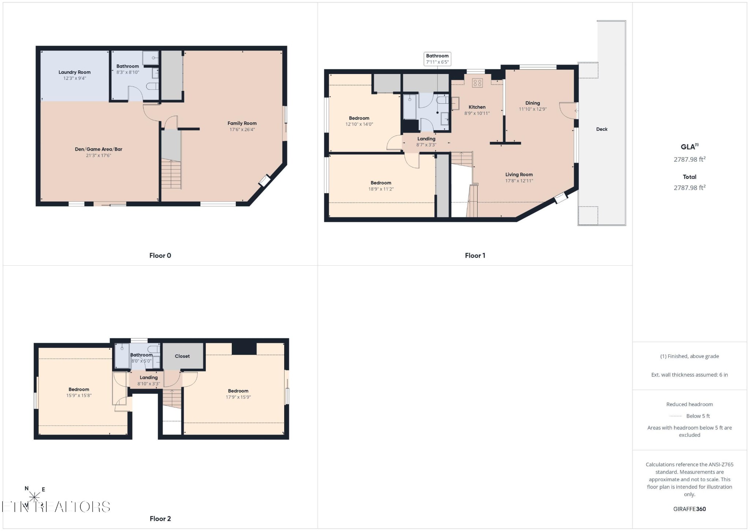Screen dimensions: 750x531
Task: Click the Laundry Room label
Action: [74, 72]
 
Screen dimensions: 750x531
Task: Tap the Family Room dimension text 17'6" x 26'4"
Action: [242, 129]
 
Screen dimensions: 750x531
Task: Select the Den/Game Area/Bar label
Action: [99, 149]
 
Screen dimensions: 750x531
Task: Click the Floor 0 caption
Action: [160, 255]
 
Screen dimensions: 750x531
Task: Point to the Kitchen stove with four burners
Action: [477, 83]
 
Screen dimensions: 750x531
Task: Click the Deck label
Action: [602, 129]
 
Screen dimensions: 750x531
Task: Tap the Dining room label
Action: [532, 103]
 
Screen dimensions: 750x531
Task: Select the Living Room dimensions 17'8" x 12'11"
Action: [519, 181]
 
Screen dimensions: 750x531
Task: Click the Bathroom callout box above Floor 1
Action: [437, 59]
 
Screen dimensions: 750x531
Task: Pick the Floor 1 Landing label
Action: [426, 139]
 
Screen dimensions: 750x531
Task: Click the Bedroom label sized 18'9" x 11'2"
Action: [381, 183]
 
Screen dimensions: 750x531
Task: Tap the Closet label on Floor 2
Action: [182, 356]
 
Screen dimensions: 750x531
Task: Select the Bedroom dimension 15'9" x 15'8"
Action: [79, 395]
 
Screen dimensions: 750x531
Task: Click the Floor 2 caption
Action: [160, 519]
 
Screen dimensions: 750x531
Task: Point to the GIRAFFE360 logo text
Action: [690, 509]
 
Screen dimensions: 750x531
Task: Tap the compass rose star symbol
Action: [34, 497]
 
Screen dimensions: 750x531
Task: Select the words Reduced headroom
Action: [690, 404]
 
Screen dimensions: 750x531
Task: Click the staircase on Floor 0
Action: [171, 174]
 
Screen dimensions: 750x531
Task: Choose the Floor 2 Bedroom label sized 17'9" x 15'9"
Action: [238, 391]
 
